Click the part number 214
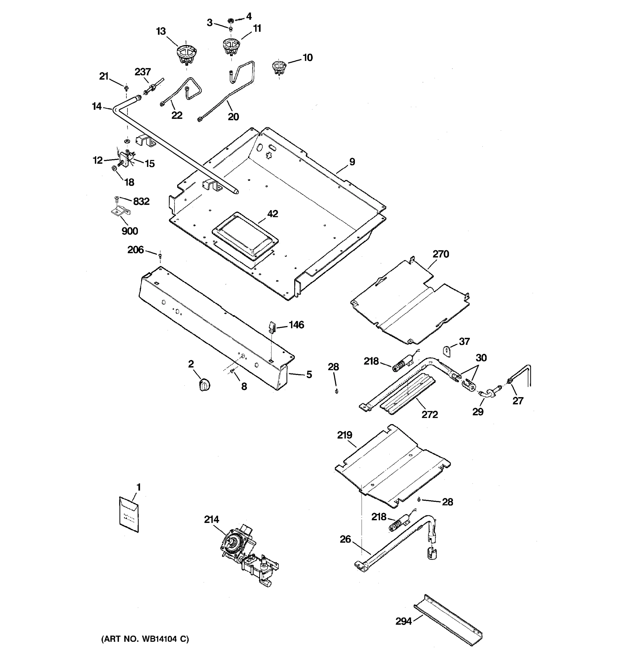(x=212, y=519)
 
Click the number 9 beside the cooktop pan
(x=352, y=162)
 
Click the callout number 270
(x=441, y=254)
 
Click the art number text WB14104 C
(x=145, y=639)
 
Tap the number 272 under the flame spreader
(x=430, y=414)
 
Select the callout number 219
(x=345, y=435)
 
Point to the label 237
(x=143, y=72)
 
